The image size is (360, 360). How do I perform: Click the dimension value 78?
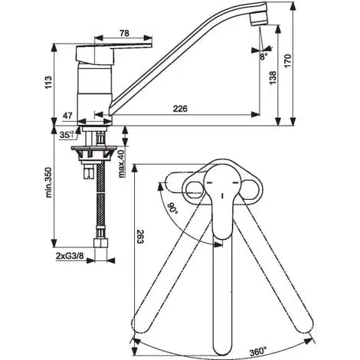124,33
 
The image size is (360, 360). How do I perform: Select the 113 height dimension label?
48,83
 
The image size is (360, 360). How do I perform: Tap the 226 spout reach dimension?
180,109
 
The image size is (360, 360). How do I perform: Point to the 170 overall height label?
288,61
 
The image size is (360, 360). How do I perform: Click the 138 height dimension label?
273,78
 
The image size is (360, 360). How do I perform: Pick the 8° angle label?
263,57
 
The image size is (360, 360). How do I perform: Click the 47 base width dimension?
67,116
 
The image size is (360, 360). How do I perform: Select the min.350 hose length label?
49,182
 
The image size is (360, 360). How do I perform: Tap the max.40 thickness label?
122,164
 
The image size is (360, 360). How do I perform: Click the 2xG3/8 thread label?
70,256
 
